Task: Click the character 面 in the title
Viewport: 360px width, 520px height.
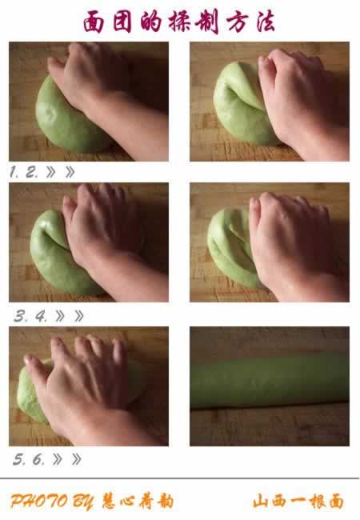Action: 93,22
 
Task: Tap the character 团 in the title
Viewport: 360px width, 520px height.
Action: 122,22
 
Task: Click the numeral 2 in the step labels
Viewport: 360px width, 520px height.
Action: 31,172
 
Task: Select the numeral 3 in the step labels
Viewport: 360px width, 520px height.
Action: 21,316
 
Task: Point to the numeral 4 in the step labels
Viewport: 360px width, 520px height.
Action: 41,316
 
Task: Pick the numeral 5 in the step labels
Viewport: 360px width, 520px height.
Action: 19,459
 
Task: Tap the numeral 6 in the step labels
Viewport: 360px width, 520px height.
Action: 38,459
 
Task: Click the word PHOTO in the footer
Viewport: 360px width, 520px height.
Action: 38,501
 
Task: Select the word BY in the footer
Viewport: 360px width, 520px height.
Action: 83,502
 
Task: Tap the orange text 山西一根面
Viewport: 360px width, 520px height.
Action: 298,501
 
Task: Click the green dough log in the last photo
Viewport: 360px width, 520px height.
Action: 269,380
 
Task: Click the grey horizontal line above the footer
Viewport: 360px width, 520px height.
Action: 179,478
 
